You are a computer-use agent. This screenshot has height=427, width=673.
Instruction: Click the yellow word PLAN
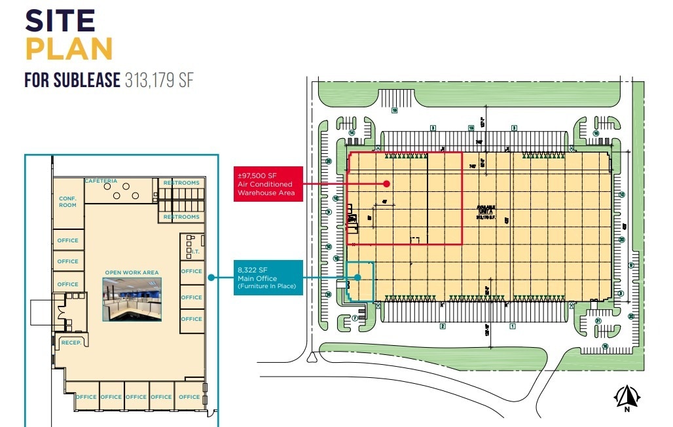[69, 50]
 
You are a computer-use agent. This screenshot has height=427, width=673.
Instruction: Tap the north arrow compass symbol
[626, 397]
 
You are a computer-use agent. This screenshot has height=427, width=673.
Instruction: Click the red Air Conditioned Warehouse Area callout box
[269, 184]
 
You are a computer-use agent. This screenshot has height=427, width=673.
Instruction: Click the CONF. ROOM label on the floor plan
[67, 202]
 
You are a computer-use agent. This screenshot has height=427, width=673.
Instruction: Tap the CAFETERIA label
[101, 181]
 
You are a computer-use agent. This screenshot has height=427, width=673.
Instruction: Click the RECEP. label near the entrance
[69, 343]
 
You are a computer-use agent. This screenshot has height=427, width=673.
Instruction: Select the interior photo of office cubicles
[132, 299]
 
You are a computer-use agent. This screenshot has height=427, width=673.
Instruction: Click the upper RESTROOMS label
[181, 183]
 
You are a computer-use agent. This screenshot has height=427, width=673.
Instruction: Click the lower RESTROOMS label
[181, 217]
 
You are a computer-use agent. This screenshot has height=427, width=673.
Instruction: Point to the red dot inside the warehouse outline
[387, 184]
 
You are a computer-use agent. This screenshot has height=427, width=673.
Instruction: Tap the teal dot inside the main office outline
[358, 278]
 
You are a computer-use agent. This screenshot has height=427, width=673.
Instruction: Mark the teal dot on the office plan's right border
[211, 278]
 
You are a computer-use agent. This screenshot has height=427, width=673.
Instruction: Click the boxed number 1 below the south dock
[513, 326]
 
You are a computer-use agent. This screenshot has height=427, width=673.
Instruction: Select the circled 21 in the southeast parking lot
[598, 321]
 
